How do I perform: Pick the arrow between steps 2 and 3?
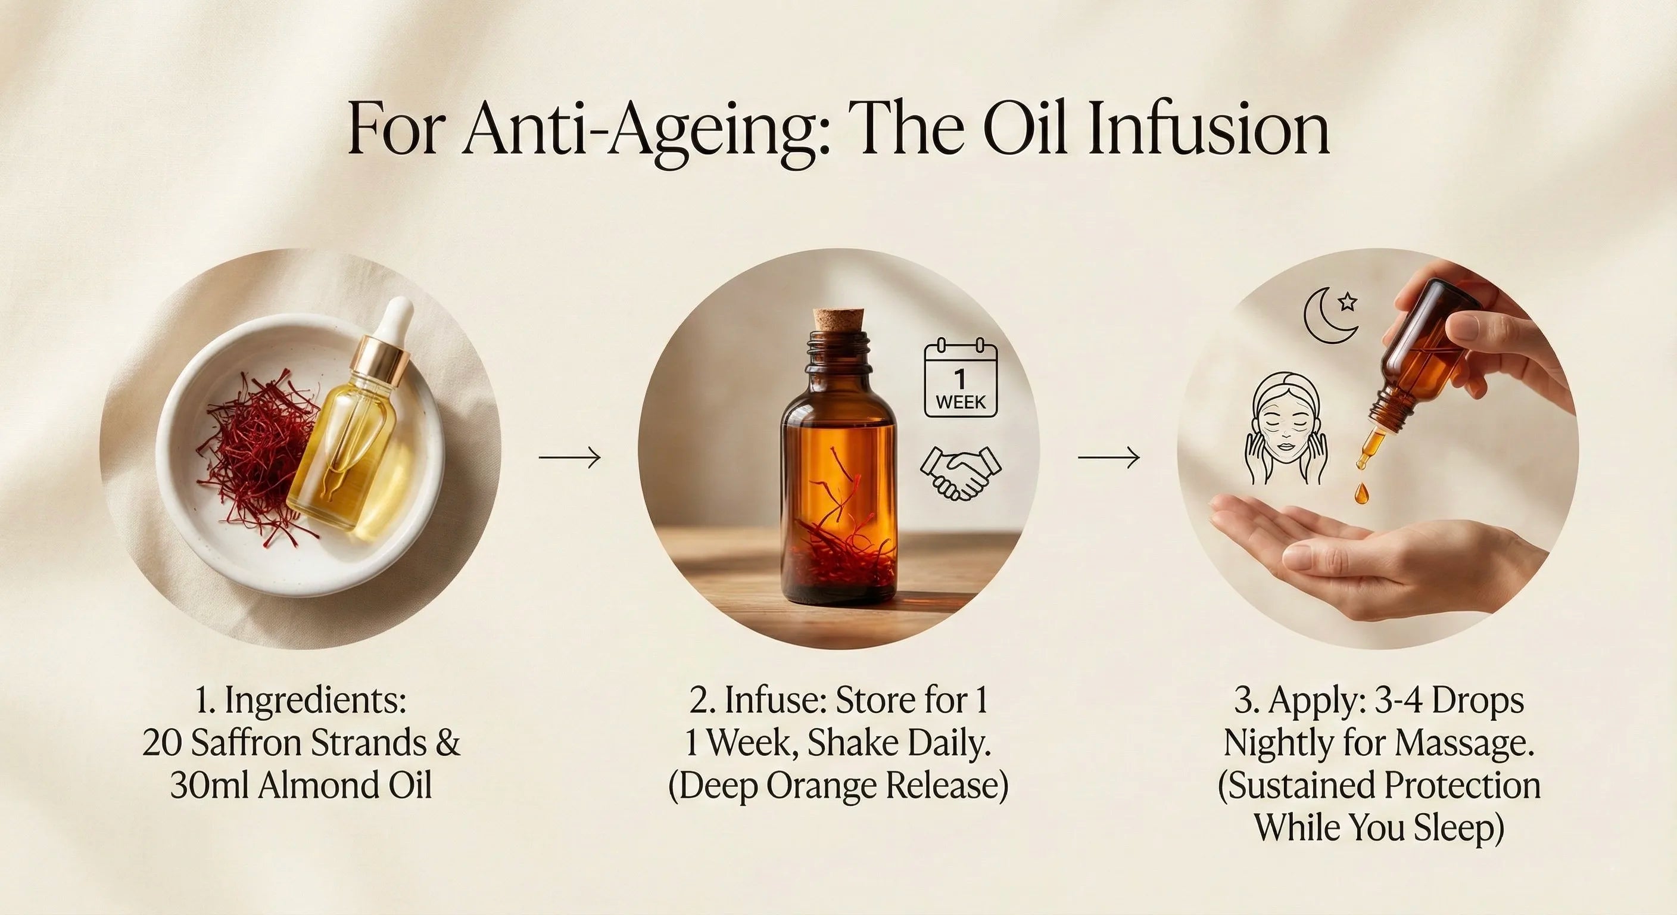[x=1109, y=458]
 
